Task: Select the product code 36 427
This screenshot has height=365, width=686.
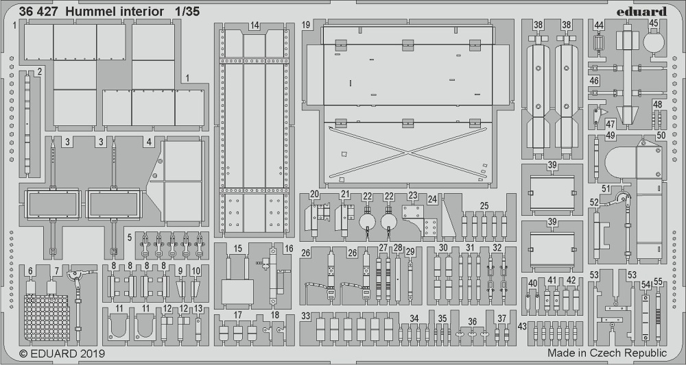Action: coord(38,12)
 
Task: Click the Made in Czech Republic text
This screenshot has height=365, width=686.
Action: coord(607,353)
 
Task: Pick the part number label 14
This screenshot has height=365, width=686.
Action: coord(255,25)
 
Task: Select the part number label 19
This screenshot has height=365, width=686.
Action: coord(306,25)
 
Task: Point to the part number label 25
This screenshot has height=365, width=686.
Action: coord(484,205)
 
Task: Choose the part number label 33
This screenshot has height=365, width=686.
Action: coord(306,316)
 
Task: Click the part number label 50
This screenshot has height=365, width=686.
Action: coord(661,135)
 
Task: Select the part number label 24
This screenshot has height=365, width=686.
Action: coord(432,199)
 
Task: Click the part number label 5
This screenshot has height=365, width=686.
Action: coord(130,238)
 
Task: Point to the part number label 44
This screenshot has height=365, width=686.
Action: coord(599,25)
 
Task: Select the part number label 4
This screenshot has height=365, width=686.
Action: coord(148,142)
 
